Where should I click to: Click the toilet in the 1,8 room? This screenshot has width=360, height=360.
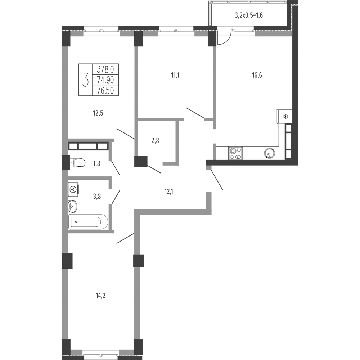tap(77, 163)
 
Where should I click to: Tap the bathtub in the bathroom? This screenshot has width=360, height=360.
tap(88, 222)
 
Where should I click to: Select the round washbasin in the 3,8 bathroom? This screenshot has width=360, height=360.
tap(72, 206)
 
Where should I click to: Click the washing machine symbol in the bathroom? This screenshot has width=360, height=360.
tap(73, 189)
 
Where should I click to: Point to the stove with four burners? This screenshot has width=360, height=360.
tap(235, 153)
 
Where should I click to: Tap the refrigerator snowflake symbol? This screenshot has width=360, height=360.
tap(285, 117)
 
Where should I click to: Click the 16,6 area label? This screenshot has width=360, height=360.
tap(257, 75)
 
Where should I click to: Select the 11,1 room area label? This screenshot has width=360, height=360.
tap(175, 75)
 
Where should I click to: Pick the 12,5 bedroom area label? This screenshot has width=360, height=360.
tap(98, 113)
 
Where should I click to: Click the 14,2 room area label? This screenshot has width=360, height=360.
tap(100, 296)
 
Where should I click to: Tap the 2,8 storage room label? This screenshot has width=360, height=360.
tap(155, 140)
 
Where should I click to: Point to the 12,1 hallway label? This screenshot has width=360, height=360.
tap(169, 191)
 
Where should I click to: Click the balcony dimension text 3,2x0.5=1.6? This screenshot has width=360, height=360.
tap(249, 15)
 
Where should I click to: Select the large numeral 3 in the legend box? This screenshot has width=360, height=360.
tap(85, 80)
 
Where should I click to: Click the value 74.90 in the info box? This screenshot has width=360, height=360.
tap(105, 80)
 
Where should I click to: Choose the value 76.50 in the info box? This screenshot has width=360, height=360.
tap(105, 90)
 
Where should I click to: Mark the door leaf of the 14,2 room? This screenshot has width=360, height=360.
tap(125, 238)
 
